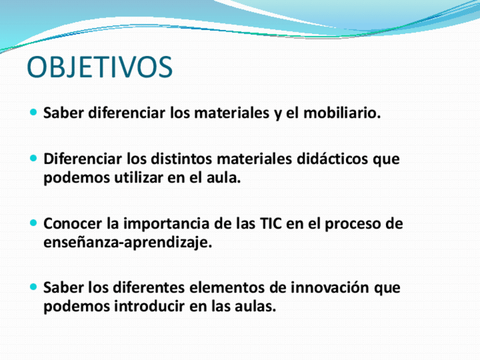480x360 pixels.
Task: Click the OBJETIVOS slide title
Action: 100,67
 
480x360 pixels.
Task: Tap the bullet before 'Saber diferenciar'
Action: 33,112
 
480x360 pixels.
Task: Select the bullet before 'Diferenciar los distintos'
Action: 33,158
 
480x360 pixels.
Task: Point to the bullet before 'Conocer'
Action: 33,222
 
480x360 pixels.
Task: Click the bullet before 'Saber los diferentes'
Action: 33,287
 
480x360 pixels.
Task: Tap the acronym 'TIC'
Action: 271,224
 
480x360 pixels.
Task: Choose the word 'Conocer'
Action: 72,224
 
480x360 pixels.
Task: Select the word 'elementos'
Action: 227,288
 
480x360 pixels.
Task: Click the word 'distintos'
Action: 182,158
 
